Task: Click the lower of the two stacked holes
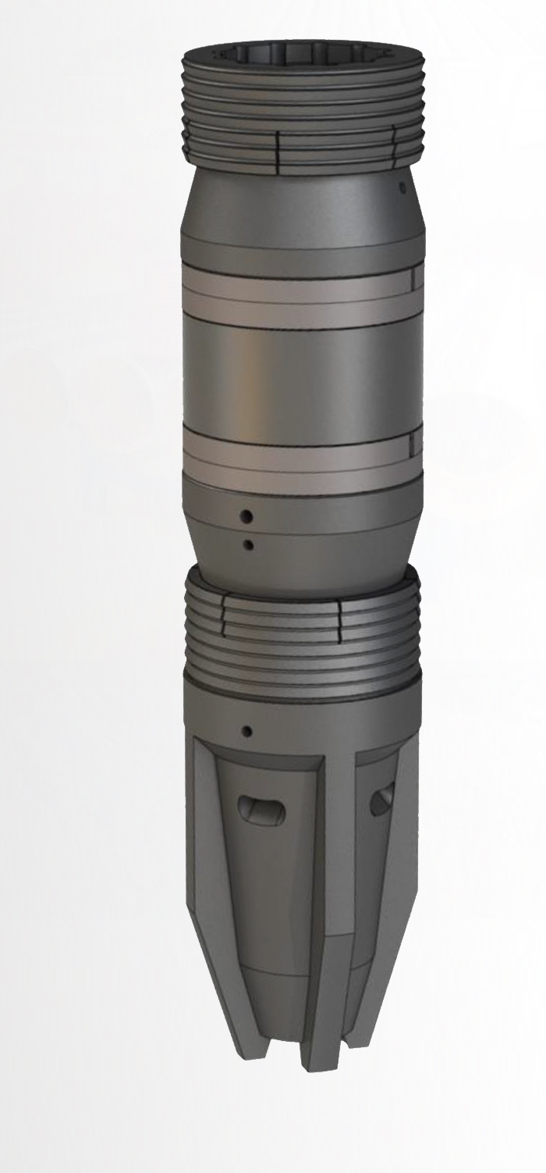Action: pyautogui.click(x=248, y=544)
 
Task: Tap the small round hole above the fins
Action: pyautogui.click(x=247, y=732)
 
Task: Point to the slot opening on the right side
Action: pyautogui.click(x=381, y=800)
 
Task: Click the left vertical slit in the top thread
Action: pyautogui.click(x=278, y=146)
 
